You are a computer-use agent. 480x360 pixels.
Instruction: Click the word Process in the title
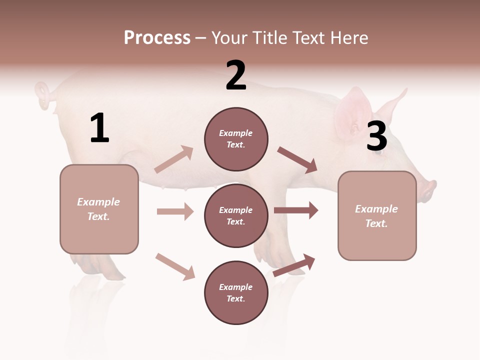157,38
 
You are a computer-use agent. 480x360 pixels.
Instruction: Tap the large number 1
99,129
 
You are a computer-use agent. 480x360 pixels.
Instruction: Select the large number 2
236,76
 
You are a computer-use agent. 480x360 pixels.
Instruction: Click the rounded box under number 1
99,209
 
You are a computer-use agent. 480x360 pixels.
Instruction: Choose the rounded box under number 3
377,216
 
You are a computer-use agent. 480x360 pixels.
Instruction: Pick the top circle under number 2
236,139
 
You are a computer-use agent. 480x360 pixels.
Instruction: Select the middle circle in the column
236,216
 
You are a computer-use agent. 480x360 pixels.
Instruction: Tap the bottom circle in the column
236,293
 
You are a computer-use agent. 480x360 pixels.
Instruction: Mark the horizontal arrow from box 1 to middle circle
175,211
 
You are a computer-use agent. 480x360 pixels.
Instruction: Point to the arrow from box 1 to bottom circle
175,266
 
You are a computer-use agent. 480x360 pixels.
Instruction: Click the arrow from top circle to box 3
297,160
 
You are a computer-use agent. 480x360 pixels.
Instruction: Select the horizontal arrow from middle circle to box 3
296,210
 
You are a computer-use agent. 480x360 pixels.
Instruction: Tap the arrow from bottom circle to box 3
294,265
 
